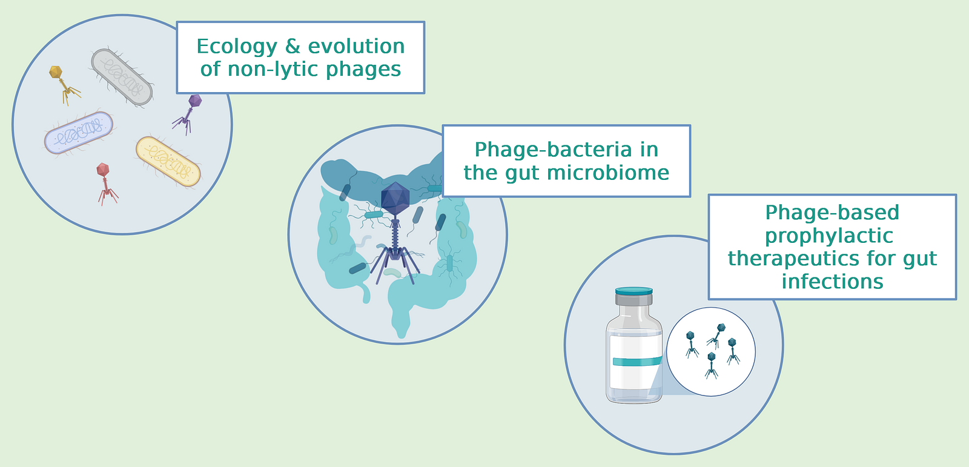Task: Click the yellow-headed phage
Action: (x=64, y=84)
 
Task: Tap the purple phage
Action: (x=188, y=114)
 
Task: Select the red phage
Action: (x=106, y=184)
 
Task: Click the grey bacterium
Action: (x=122, y=77)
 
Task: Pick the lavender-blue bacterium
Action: (x=79, y=133)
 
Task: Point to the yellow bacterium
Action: (x=168, y=162)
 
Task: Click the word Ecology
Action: (x=237, y=47)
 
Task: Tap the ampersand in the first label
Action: (x=293, y=46)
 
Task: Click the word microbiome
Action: (x=608, y=173)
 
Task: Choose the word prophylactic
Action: (x=829, y=236)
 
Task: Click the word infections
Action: (x=832, y=282)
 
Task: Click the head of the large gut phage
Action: (x=395, y=199)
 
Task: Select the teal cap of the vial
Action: (x=633, y=290)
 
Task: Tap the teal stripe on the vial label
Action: (x=637, y=361)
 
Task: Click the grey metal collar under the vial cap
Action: (x=633, y=299)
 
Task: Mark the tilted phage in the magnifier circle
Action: (x=717, y=334)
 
